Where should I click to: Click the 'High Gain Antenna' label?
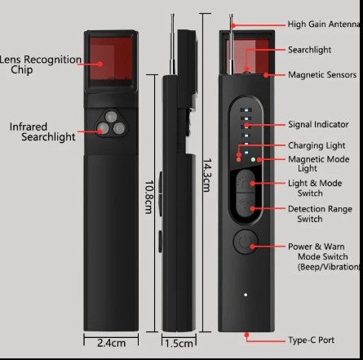324,24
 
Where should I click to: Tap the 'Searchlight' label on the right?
309,50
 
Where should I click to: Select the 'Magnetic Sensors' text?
321,75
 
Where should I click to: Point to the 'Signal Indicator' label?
318,125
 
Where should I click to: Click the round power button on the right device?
244,242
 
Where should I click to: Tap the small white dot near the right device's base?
244,295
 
